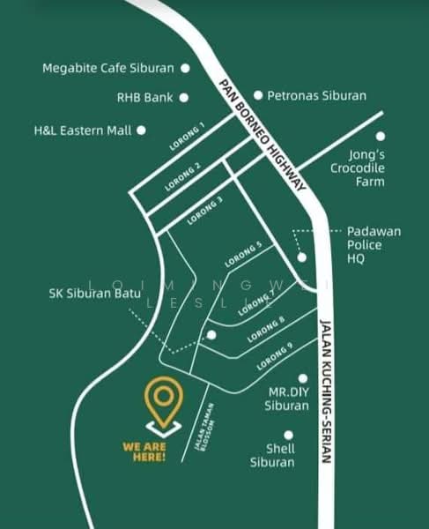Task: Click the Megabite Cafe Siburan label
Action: click(x=108, y=68)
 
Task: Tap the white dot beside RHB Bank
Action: click(x=184, y=98)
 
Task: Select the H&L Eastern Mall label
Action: click(x=82, y=130)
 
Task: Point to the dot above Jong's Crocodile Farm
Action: click(x=381, y=137)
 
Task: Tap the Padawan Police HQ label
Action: click(x=374, y=244)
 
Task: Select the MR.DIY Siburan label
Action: click(x=287, y=399)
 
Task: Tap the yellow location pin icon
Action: click(x=163, y=402)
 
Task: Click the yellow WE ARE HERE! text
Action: click(x=144, y=451)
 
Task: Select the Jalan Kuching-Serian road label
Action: click(x=324, y=390)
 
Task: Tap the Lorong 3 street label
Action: click(x=205, y=211)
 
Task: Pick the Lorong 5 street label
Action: click(x=243, y=255)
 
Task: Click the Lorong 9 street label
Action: click(x=275, y=356)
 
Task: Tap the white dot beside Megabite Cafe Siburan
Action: click(x=185, y=67)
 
